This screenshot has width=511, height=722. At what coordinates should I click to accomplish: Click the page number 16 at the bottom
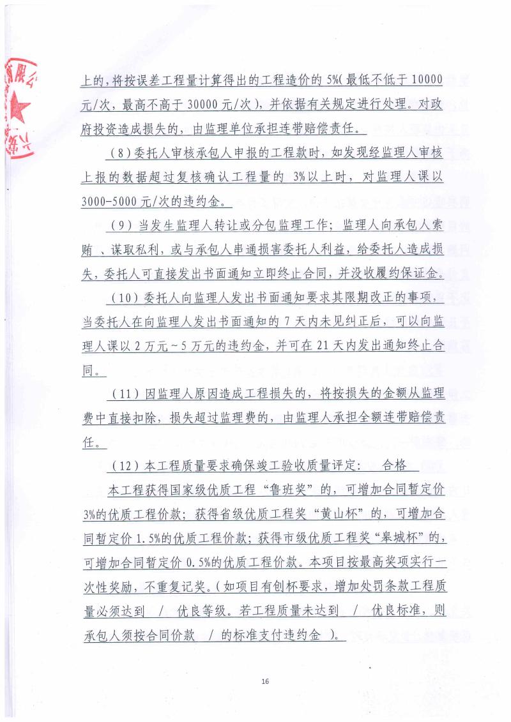coord(265,681)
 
